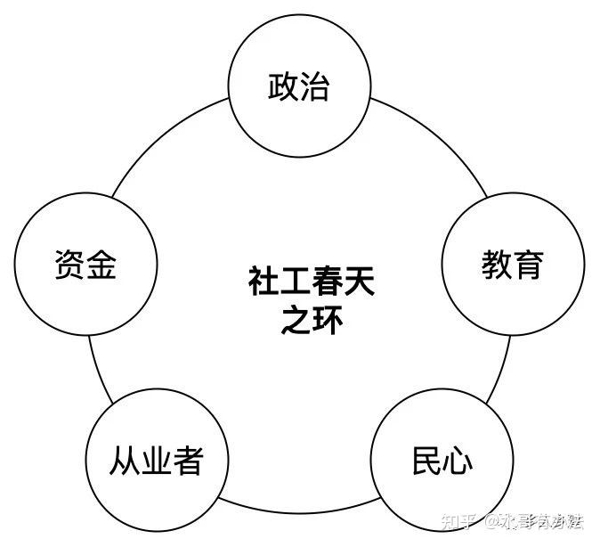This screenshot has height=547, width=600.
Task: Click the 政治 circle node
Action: pyautogui.click(x=299, y=87)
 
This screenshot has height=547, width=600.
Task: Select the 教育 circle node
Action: pyautogui.click(x=512, y=265)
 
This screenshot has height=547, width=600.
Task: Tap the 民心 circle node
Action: pyautogui.click(x=442, y=461)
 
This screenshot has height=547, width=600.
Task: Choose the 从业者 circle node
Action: pyautogui.click(x=157, y=461)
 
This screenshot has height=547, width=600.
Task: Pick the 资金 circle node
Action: pyautogui.click(x=85, y=265)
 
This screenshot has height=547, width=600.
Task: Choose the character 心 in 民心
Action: pyautogui.click(x=458, y=461)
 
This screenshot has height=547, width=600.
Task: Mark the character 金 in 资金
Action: pyautogui.click(x=101, y=265)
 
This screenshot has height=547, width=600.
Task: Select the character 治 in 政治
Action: pyautogui.click(x=315, y=87)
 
